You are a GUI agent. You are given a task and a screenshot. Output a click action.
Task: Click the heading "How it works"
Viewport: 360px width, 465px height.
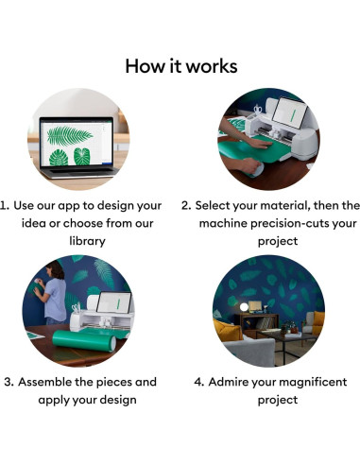coord(180,65)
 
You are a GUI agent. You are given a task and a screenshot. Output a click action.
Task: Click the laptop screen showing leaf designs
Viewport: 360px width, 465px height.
coord(75,142)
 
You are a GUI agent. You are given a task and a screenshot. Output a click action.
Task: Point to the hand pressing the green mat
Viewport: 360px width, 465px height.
coord(243,163)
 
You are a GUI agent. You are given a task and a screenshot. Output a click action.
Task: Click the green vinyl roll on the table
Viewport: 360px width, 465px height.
coord(83,338)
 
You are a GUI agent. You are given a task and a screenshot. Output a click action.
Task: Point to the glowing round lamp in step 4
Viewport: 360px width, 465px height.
coord(244,307)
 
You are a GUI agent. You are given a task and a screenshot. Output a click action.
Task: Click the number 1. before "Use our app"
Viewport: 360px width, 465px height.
coord(7,205)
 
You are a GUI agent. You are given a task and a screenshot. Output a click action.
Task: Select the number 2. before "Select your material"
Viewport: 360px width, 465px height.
coord(186,205)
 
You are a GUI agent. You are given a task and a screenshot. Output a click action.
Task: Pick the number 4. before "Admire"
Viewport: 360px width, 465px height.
coord(199,382)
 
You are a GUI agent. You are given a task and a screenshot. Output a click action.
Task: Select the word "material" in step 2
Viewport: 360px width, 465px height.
coord(290,205)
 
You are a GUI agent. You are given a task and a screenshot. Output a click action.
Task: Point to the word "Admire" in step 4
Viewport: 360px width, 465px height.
coord(232,382)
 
